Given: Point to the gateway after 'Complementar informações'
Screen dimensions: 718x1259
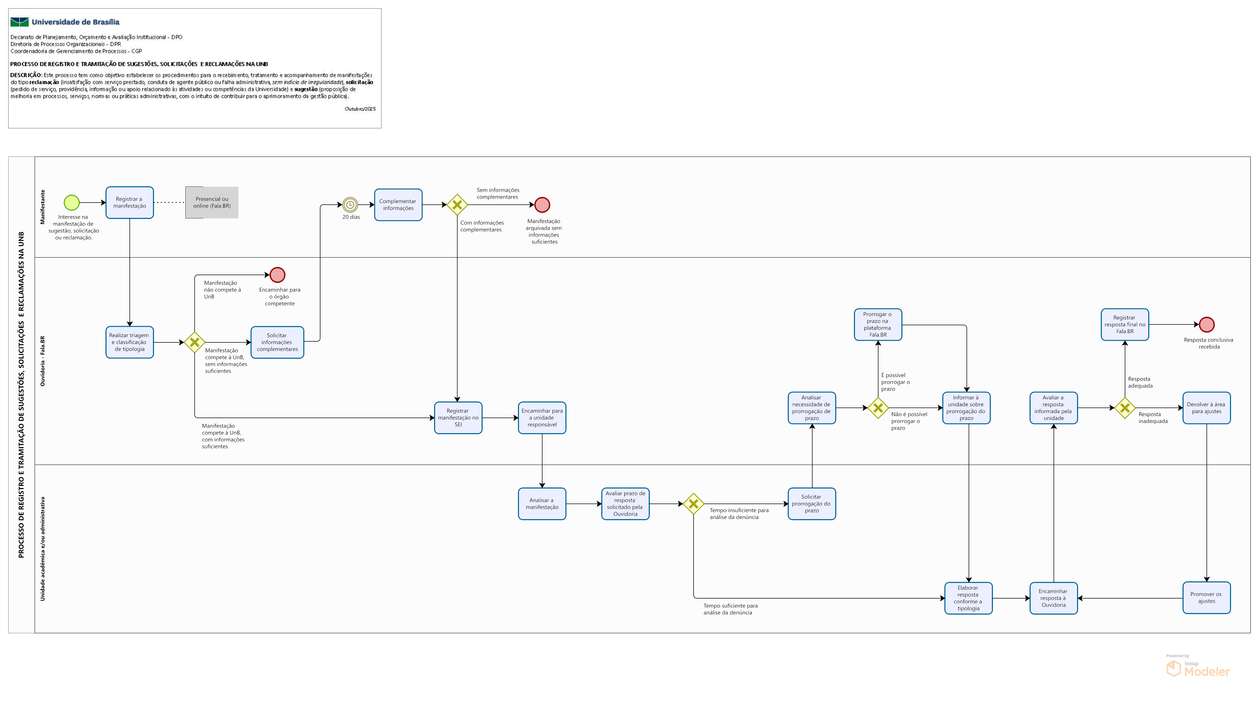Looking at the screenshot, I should [x=457, y=205].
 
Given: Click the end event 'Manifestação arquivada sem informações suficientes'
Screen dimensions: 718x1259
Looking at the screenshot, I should [x=542, y=205].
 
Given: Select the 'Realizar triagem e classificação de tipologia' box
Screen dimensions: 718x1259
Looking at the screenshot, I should [x=130, y=342].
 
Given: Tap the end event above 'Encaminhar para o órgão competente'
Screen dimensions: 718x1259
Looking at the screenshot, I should [x=277, y=275].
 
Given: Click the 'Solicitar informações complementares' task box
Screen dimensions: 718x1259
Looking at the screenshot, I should [x=277, y=342].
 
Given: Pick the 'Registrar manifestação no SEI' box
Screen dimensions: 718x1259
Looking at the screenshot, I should [x=458, y=418].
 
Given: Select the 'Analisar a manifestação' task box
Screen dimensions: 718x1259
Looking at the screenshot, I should [x=542, y=504].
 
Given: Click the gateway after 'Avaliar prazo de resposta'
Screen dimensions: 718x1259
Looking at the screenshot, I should [x=693, y=504].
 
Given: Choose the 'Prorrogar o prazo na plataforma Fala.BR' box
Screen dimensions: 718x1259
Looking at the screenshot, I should [x=877, y=324].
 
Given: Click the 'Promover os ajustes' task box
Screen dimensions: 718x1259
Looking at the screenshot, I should [x=1206, y=598].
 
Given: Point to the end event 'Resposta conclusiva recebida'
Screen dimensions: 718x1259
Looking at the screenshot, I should [x=1206, y=324].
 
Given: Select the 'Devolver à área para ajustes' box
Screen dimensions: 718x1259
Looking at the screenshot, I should [x=1206, y=408].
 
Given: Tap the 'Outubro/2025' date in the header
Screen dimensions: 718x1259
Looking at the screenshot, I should [x=360, y=109].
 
